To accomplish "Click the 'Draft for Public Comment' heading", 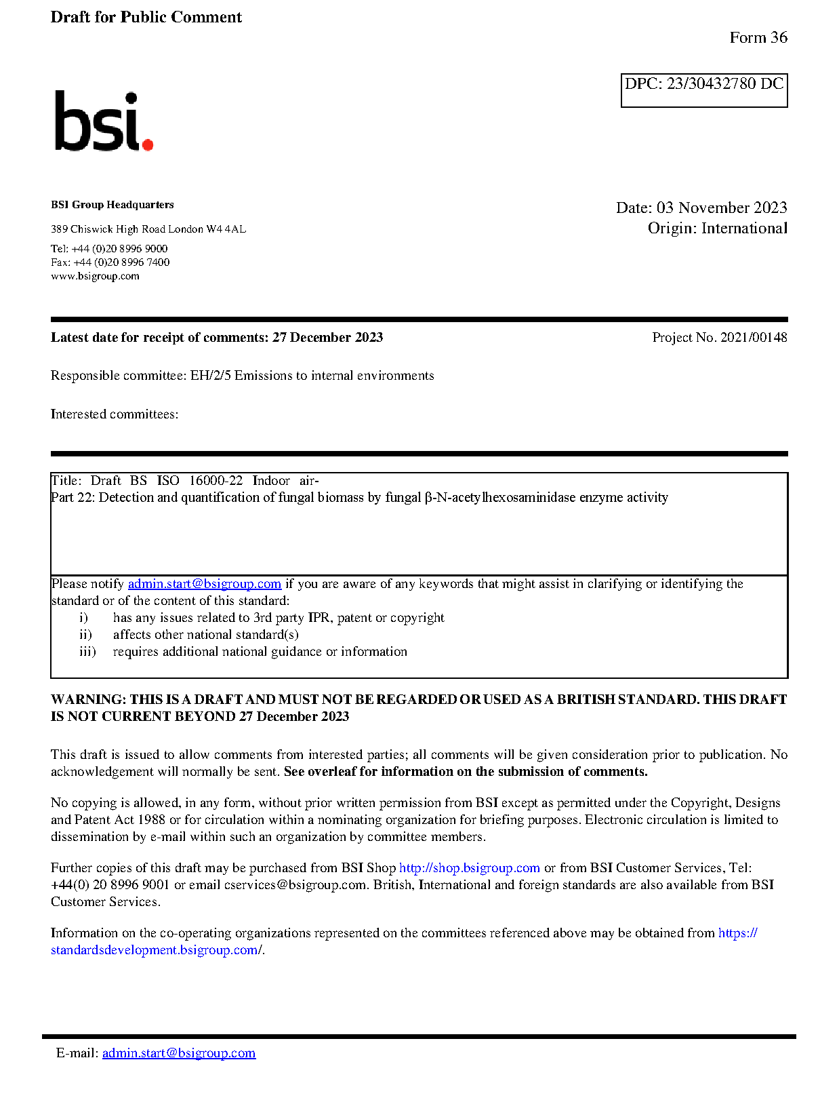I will click(x=146, y=17).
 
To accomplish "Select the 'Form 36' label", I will click(x=758, y=37).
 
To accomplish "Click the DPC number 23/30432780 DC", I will click(x=724, y=83).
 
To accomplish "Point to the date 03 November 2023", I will click(x=721, y=208).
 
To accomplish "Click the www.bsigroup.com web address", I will click(x=95, y=276).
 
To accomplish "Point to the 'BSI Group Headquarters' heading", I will click(x=112, y=205).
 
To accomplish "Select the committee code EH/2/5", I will click(x=210, y=375).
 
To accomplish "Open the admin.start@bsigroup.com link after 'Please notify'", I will click(x=204, y=583).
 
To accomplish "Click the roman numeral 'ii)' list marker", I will click(x=85, y=634).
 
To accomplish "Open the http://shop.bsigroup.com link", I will click(x=469, y=867).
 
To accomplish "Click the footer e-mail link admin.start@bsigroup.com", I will click(x=179, y=1053).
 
